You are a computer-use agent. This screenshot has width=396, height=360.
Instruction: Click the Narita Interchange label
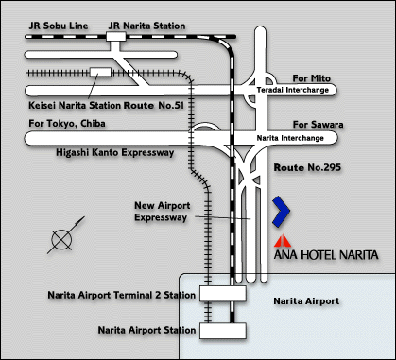[296, 138]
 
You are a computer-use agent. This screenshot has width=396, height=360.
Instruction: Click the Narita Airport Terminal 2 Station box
[223, 295]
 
